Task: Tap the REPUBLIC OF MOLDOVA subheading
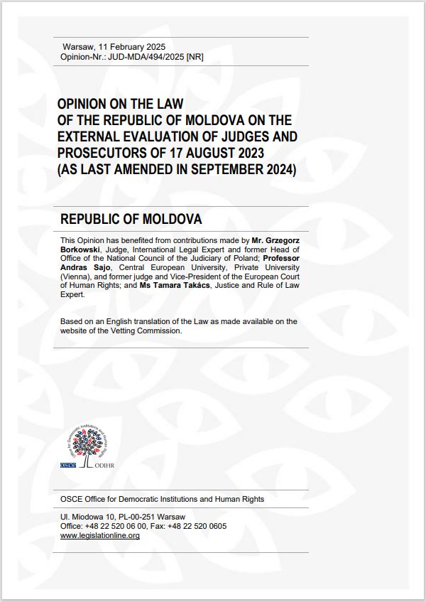(x=131, y=218)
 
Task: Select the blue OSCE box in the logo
(x=68, y=464)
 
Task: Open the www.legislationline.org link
(x=100, y=535)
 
